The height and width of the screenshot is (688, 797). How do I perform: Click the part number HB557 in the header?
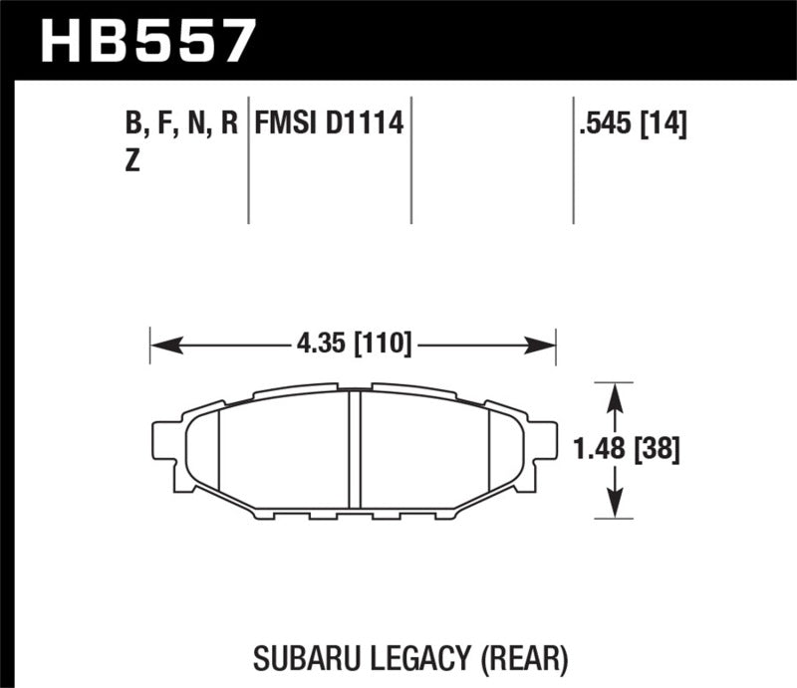[x=147, y=41]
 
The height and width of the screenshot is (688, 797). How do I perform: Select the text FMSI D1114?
[x=329, y=124]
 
